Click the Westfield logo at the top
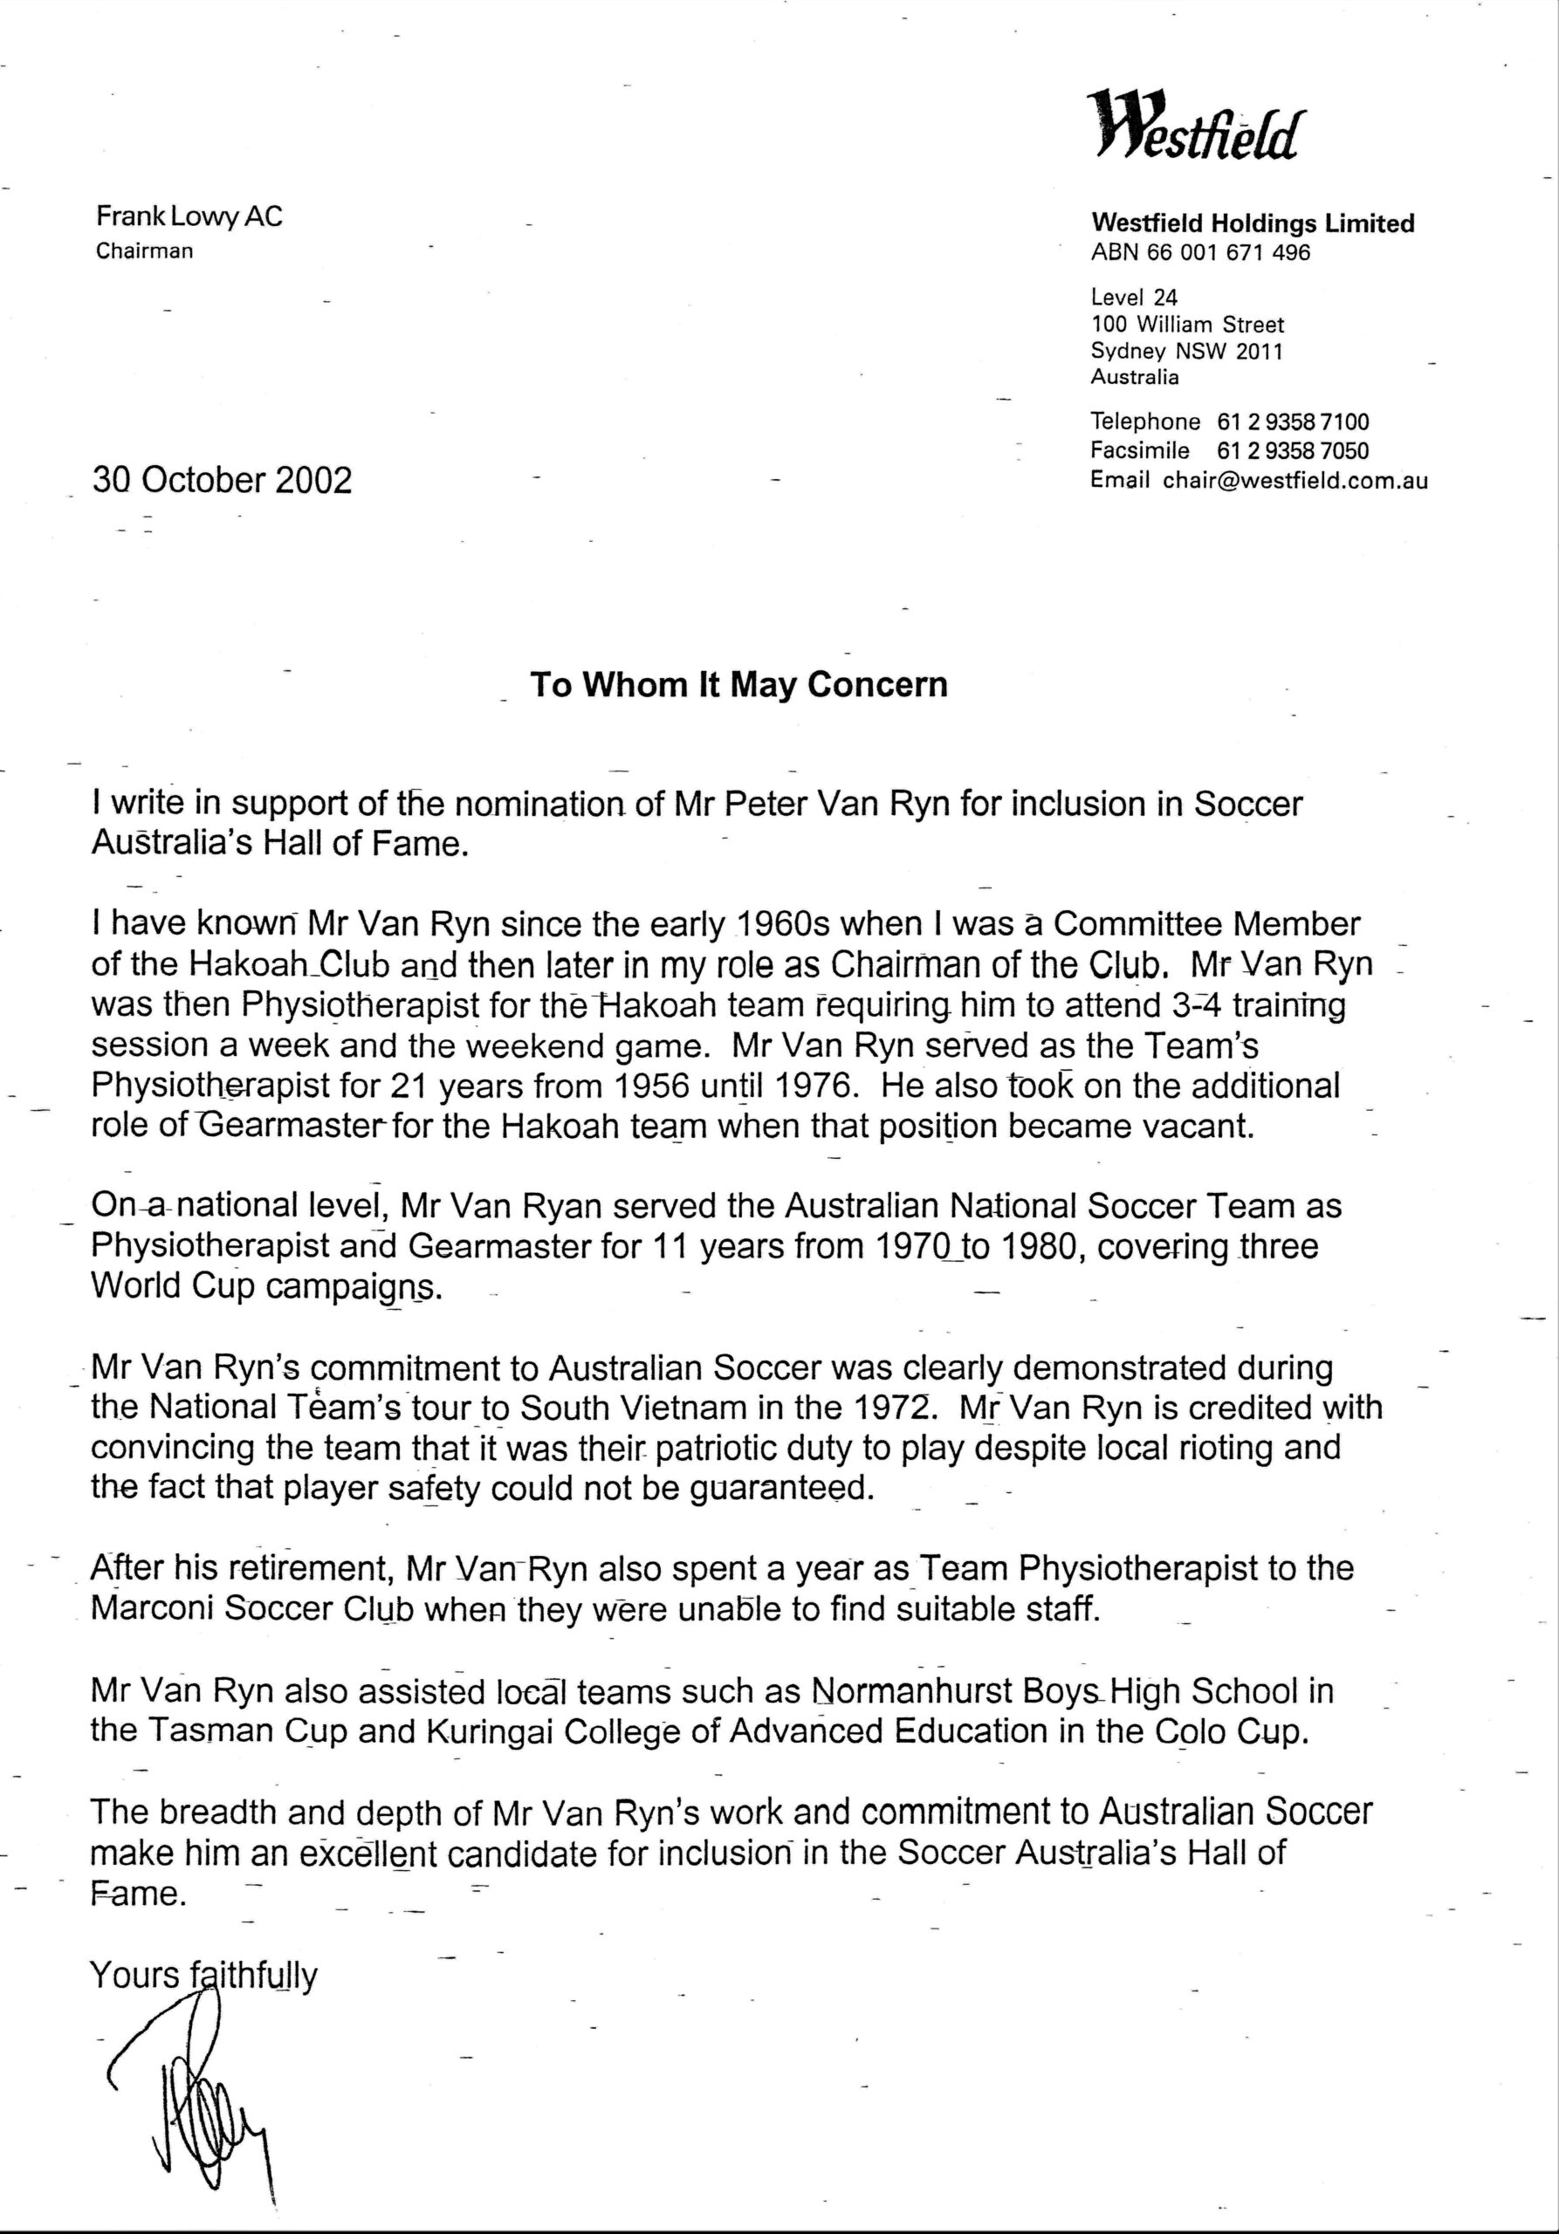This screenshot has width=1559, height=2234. [1194, 124]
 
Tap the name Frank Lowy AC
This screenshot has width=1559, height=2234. [189, 216]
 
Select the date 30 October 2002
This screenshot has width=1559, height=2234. [222, 480]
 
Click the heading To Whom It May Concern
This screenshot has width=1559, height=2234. [738, 685]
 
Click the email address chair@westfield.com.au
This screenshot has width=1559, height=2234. [1295, 480]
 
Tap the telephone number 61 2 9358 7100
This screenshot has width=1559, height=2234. [1293, 422]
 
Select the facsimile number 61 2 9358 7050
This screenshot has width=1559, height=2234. [1293, 451]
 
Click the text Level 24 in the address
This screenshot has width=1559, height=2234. [1134, 298]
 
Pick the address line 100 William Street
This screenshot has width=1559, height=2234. [1187, 325]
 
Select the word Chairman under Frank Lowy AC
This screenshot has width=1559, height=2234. [144, 251]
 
